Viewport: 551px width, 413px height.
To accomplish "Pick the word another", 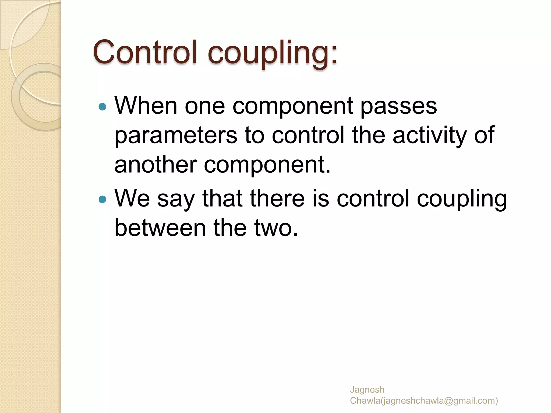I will (156, 165).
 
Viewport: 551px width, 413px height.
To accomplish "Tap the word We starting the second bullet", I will (132, 198).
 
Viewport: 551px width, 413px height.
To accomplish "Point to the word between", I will (160, 228).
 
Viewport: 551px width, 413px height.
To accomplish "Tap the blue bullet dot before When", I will (103, 107).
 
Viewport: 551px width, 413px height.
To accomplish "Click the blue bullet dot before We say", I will (103, 200).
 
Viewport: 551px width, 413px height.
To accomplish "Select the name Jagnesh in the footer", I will (367, 390).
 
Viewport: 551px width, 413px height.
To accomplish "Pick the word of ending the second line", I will (484, 135).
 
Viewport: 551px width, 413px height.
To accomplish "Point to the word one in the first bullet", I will (205, 106).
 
